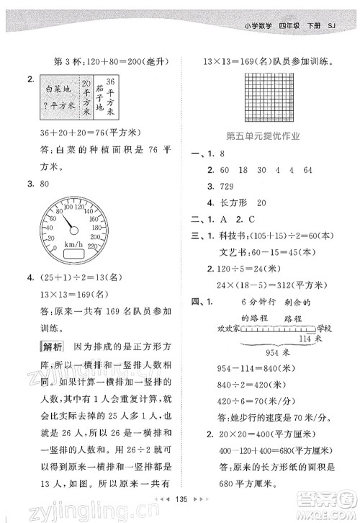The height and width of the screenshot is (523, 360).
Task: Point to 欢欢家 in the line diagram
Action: (x=229, y=328)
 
